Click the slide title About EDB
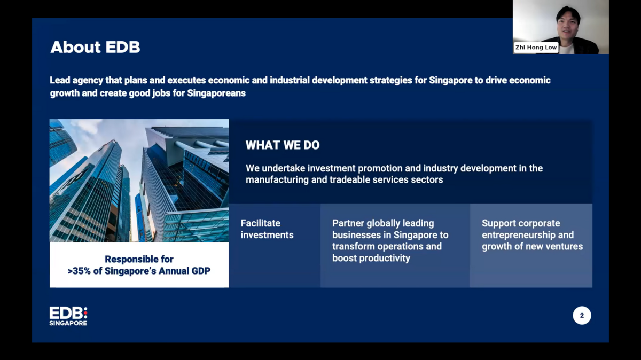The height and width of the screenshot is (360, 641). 95,47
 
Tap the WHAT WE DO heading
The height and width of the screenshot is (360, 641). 283,145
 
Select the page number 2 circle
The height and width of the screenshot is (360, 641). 582,315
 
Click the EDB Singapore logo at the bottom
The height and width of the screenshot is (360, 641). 68,316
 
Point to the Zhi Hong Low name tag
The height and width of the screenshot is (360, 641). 536,47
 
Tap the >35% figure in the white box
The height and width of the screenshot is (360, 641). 79,271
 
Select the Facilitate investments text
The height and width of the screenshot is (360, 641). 267,229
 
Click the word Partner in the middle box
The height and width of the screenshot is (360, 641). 348,223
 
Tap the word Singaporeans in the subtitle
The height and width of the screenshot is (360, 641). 216,93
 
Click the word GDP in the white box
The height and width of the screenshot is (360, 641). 201,271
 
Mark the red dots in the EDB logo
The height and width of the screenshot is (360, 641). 85,313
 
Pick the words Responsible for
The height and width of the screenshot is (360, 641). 139,259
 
